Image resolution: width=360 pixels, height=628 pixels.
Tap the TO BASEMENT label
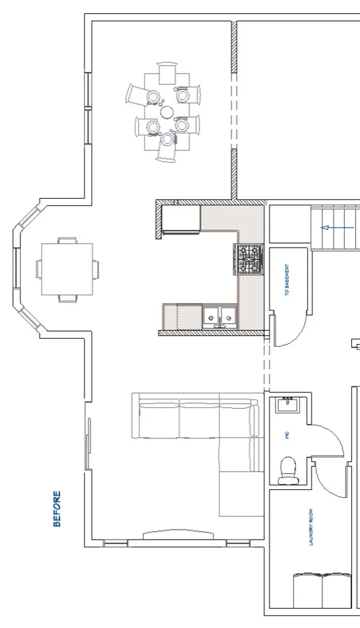point(287,281)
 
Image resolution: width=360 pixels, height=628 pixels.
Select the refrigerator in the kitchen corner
point(181,219)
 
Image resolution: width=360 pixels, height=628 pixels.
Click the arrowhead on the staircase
point(324,228)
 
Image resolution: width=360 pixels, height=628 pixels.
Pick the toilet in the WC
point(289,470)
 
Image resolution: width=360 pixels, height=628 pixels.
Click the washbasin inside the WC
point(287,405)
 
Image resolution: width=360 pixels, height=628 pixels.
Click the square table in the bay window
point(67,269)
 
